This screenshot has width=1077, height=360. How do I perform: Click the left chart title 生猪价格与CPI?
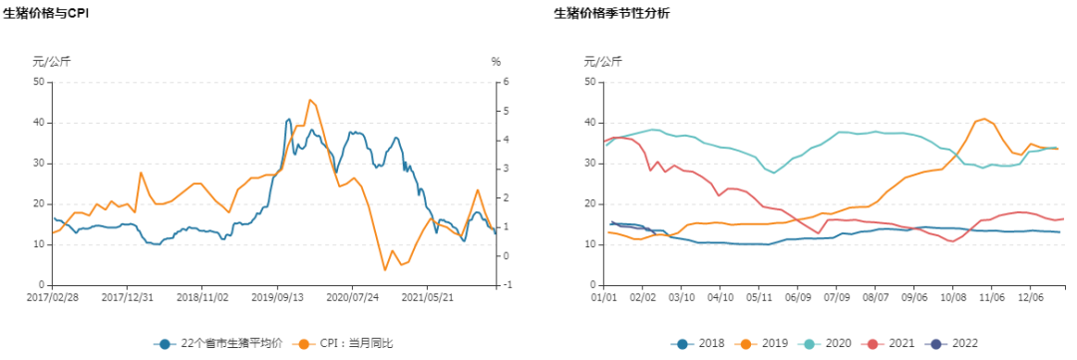44,14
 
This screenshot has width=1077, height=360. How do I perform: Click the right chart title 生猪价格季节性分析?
611,14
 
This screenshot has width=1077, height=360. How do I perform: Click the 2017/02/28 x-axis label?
52,296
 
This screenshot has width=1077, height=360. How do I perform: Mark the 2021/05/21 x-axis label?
427,296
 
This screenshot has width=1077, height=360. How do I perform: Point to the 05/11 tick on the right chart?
758,296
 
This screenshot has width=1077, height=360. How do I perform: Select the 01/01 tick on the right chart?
604,296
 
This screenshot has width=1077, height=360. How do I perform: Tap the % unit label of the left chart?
496,62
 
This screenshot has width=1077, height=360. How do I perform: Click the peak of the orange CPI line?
310,100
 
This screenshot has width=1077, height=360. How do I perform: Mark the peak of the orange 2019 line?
984,119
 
